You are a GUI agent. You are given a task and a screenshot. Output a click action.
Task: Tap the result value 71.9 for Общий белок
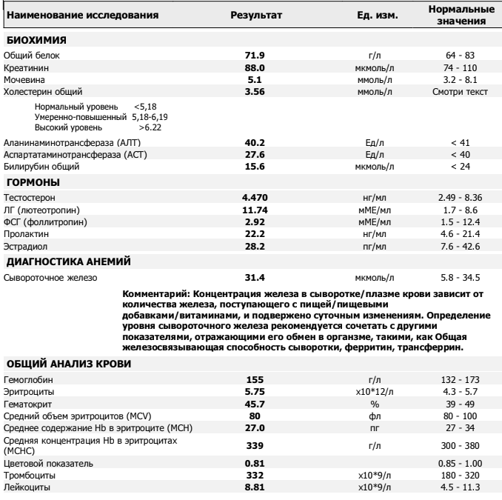(255, 56)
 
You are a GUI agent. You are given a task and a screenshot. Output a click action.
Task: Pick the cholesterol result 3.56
(255, 91)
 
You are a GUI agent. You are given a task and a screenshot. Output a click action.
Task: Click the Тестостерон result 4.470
(255, 198)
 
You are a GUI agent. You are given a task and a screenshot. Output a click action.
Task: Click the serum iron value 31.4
(255, 278)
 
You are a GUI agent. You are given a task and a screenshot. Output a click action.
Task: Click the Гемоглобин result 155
(255, 379)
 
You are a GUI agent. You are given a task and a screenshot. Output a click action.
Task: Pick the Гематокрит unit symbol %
(374, 402)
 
